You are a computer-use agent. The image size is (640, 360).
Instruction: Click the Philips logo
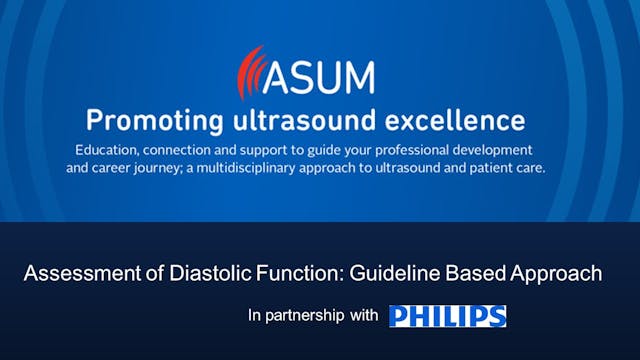[x=447, y=316]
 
